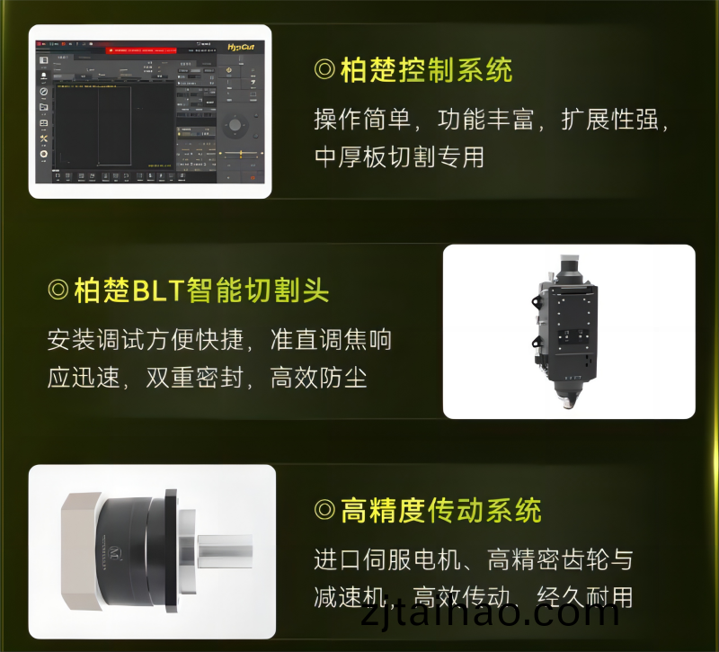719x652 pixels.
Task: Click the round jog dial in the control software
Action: pyautogui.click(x=235, y=124)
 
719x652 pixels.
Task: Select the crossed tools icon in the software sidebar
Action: pyautogui.click(x=43, y=138)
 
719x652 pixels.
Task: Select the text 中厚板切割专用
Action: pyautogui.click(x=399, y=156)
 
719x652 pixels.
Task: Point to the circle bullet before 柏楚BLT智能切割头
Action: pyautogui.click(x=58, y=290)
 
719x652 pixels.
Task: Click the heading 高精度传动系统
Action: pyautogui.click(x=440, y=511)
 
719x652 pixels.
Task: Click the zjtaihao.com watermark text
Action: pyautogui.click(x=490, y=614)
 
